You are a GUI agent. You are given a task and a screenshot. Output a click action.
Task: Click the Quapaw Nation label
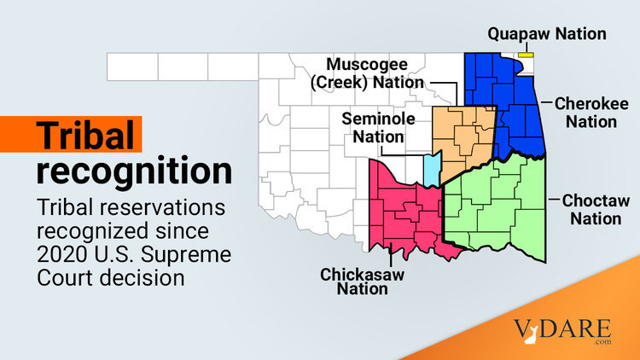pyautogui.click(x=546, y=34)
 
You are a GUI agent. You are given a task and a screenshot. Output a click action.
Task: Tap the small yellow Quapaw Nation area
pyautogui.click(x=526, y=55)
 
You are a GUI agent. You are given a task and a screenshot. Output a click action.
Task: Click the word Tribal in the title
pyautogui.click(x=85, y=136)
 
